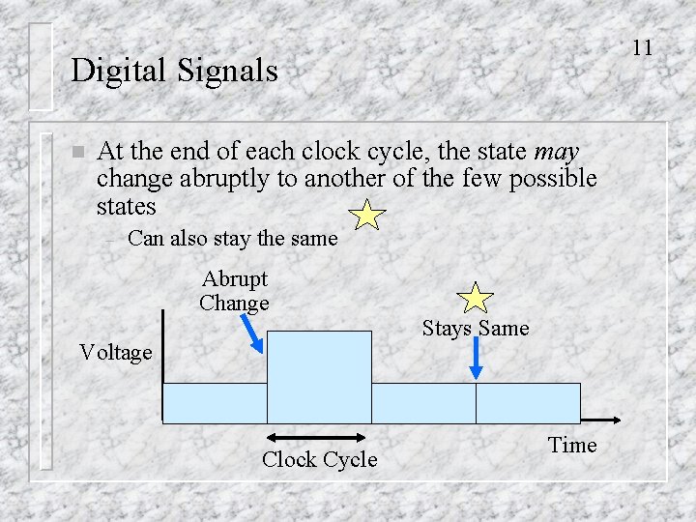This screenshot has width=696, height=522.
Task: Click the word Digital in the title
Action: [117, 71]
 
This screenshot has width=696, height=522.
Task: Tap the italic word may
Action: [556, 152]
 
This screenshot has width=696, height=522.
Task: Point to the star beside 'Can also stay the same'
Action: [367, 215]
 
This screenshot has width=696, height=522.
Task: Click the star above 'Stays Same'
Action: [475, 298]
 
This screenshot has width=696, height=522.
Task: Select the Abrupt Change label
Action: [234, 291]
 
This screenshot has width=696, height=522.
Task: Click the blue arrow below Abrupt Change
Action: [251, 333]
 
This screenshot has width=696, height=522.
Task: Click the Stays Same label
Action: [476, 329]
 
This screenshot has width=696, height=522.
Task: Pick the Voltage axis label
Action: [116, 353]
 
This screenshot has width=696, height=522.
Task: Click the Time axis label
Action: [572, 446]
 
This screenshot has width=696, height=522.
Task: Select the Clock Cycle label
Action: [319, 459]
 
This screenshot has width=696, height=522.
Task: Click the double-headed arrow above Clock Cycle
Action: [318, 437]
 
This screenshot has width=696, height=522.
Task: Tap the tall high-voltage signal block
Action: [318, 376]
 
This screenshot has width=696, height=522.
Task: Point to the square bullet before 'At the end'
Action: [77, 153]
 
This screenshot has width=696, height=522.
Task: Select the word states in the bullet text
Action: [127, 206]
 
